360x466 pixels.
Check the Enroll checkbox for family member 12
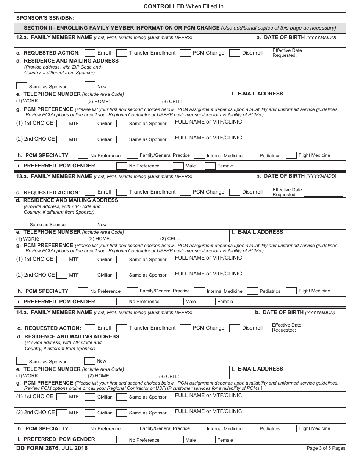[x=90, y=53]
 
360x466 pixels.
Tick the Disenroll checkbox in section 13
[x=235, y=192]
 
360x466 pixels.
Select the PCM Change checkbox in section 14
[x=185, y=328]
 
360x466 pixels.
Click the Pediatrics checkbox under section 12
[x=252, y=155]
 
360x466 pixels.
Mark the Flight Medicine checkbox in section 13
[x=291, y=291]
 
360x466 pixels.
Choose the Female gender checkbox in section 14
[x=210, y=440]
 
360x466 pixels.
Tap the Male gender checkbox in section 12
[x=178, y=166]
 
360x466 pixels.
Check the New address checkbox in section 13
[x=90, y=224]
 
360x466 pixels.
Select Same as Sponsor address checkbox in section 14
[x=22, y=361]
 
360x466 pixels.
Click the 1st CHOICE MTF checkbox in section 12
[x=62, y=124]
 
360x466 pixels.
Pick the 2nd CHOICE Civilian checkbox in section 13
[x=90, y=275]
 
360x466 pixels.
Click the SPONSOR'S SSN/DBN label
[x=45, y=18]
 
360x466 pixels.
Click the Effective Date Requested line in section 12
[x=324, y=55]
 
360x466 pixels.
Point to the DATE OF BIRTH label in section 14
[x=279, y=313]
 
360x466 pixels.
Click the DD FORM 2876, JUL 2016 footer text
[x=52, y=448]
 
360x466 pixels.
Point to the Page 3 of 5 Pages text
[x=326, y=448]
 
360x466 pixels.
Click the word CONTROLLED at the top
[x=164, y=6]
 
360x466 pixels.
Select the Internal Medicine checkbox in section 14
[x=199, y=428]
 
